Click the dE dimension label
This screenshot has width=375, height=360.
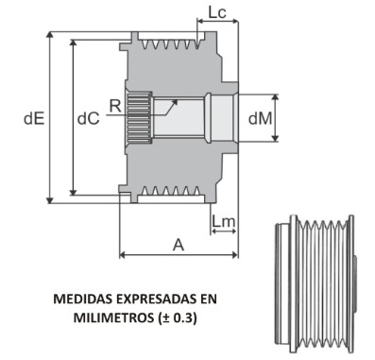coord(34,119)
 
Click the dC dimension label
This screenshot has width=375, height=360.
coord(89,119)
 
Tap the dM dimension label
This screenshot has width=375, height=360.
coord(260,119)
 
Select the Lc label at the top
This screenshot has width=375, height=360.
coord(217,12)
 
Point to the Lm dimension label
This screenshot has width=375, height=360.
coord(224,221)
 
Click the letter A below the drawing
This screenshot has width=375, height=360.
coord(179,245)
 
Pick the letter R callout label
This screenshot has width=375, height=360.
coord(115,106)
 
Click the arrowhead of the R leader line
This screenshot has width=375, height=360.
coord(175,102)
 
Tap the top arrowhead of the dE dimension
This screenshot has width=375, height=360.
coord(50,35)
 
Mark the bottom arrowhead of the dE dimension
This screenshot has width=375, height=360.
coord(50,199)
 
